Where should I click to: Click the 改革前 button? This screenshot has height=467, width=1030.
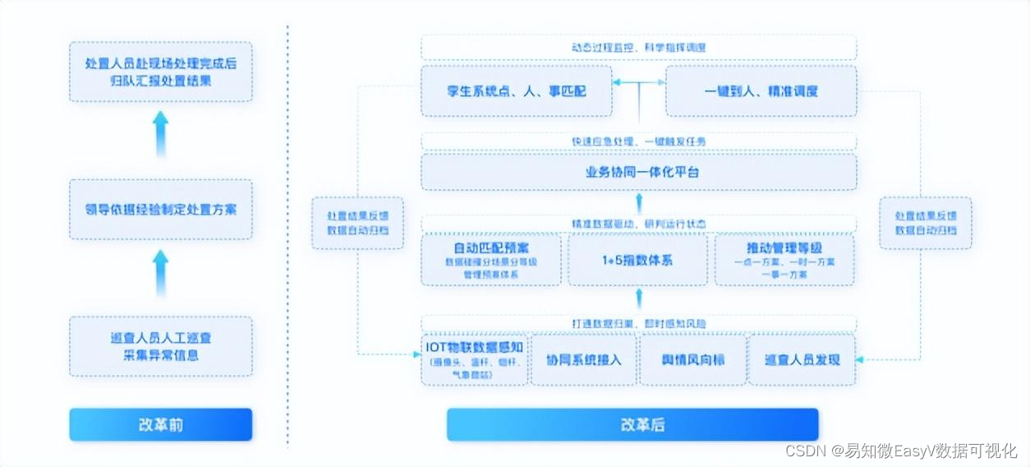coord(160,425)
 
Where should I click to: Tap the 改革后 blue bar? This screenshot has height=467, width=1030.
coord(632,425)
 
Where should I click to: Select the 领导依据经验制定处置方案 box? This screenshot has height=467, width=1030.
coord(160,209)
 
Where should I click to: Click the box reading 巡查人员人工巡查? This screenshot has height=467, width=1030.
coord(160,346)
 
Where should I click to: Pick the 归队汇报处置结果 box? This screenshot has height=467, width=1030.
coord(160,72)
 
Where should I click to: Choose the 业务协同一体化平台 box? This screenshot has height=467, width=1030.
coord(638,173)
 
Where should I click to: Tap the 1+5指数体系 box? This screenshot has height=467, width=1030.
coord(637,260)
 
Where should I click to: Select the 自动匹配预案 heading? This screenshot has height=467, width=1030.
coord(491,247)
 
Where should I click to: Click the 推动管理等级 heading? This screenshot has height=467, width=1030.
coord(784,247)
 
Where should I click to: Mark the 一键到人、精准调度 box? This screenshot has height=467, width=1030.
coord(761,91)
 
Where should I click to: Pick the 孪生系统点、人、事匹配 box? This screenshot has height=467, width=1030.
coord(516,91)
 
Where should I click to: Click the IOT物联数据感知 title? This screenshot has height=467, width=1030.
coord(475,345)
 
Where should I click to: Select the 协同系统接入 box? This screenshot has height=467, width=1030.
coord(583,360)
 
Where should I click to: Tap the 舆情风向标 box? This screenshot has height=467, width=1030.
coord(692,360)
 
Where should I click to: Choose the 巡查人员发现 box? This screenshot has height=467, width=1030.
coord(801,360)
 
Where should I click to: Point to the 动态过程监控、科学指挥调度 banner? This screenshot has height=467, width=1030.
coord(638,47)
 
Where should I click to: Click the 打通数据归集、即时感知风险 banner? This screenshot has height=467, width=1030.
coord(638,323)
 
